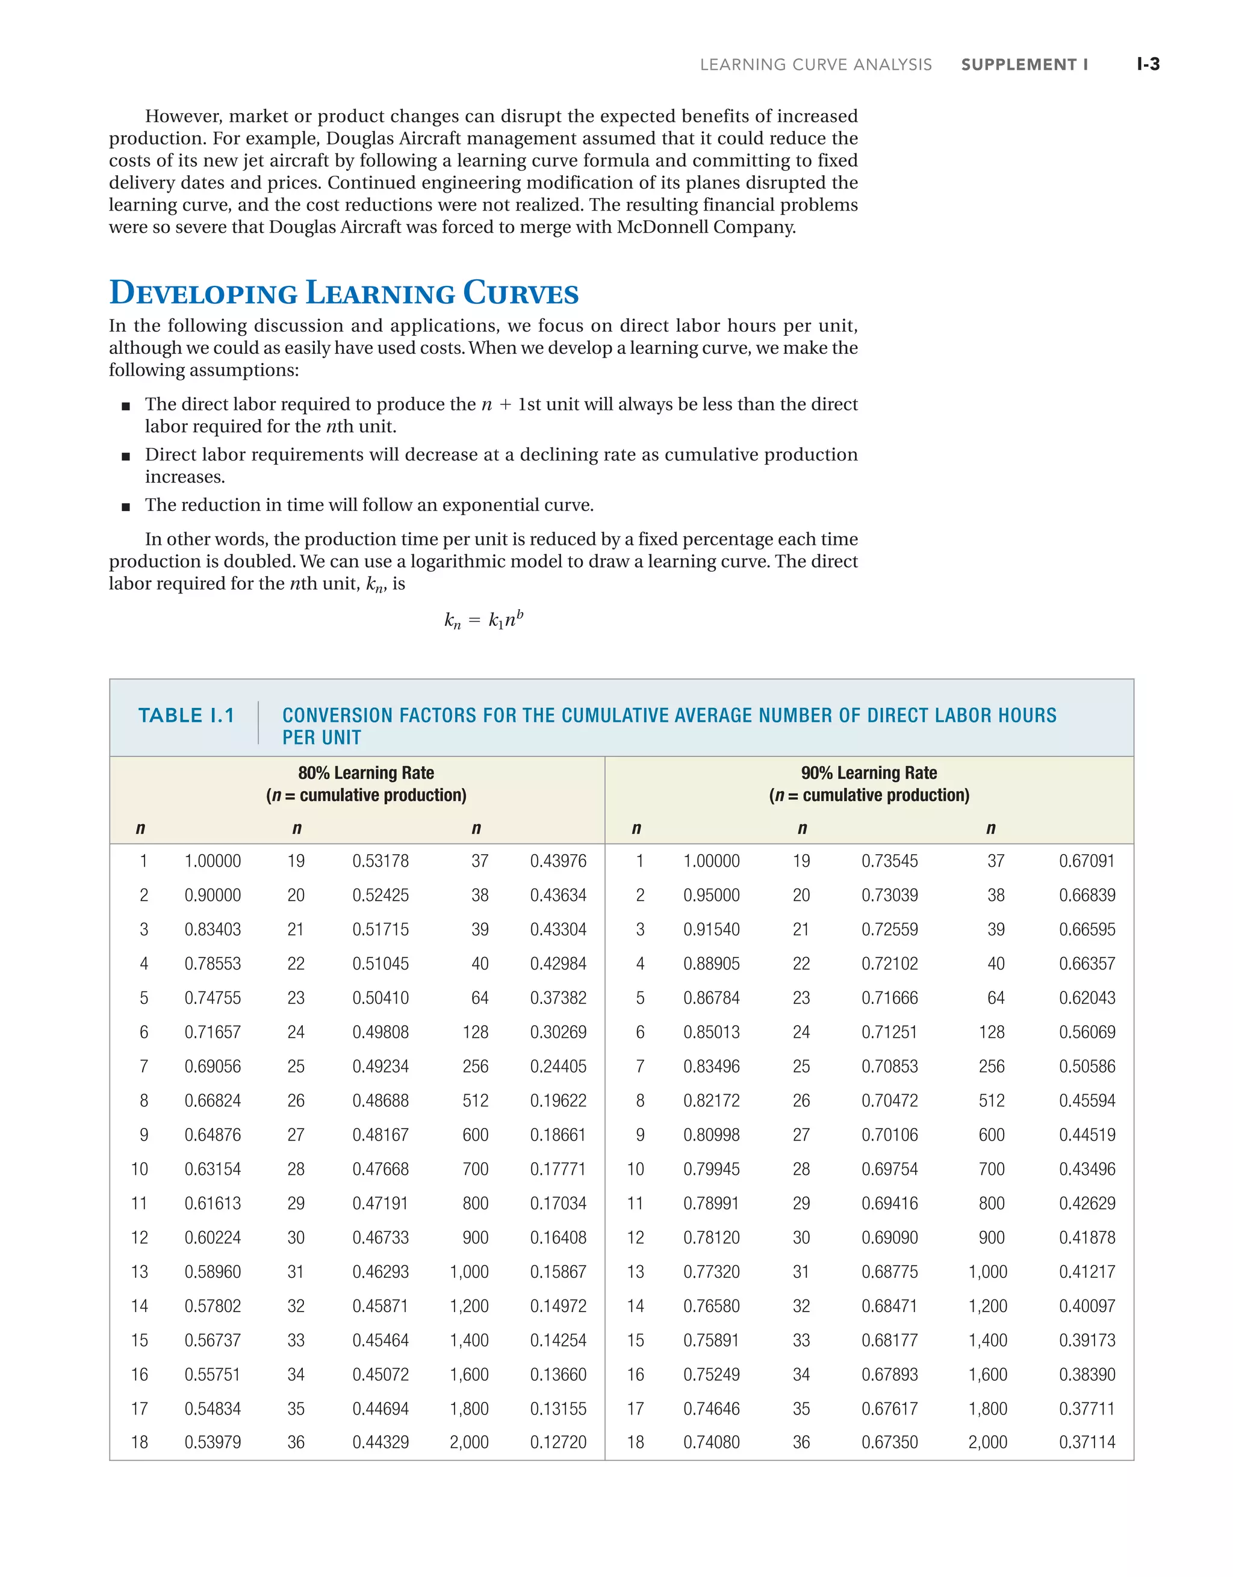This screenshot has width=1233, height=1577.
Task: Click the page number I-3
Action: pos(1148,64)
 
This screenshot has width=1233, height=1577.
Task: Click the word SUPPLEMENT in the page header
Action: pos(1019,65)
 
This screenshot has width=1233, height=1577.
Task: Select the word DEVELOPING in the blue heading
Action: pos(203,293)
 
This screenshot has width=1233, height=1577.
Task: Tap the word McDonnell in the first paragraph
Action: pos(662,228)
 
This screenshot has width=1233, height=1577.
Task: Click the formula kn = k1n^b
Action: pos(483,620)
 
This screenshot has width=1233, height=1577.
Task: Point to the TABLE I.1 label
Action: pos(187,716)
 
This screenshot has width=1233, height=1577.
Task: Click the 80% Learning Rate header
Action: pos(365,773)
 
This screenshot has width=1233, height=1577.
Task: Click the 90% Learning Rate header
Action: pos(869,773)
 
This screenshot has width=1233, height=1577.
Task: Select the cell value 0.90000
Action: pos(213,896)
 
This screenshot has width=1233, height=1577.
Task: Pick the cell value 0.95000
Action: pos(712,896)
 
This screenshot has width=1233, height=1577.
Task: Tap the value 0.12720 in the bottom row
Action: pos(557,1443)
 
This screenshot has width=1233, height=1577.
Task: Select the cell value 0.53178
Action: pos(380,861)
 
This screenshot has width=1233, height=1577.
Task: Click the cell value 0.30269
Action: pos(557,1032)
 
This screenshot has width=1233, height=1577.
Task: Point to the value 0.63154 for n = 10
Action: pos(213,1169)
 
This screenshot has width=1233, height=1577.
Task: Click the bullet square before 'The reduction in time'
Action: pos(126,507)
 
